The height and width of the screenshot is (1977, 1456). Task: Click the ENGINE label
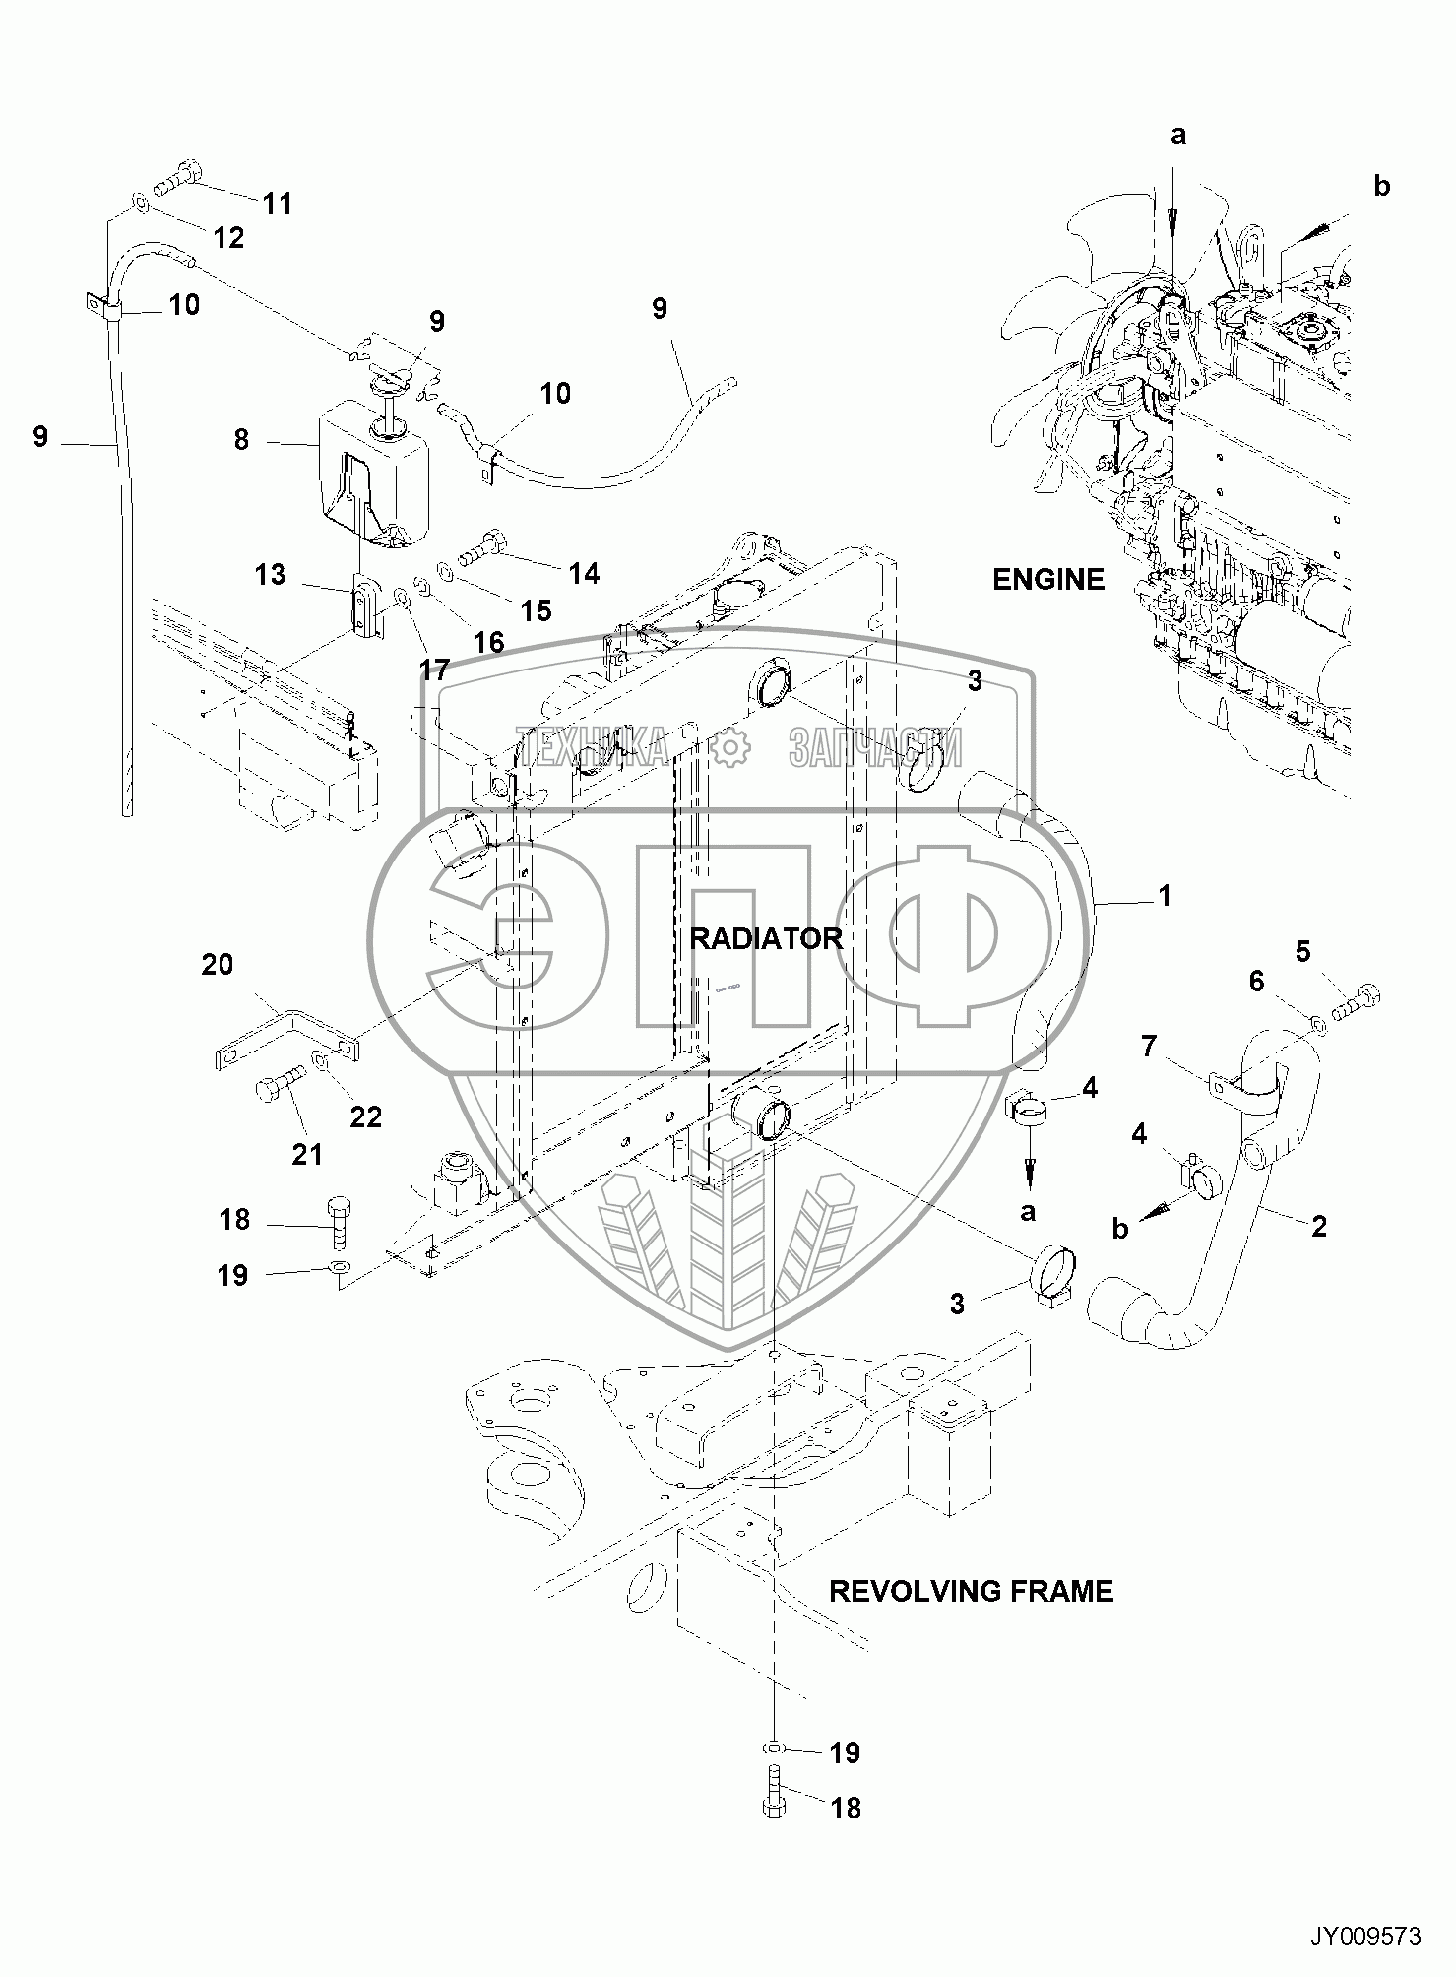pos(1047,579)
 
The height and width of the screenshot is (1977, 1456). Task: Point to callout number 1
pos(1164,896)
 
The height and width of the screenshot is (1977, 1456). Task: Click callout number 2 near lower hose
pos(1318,1226)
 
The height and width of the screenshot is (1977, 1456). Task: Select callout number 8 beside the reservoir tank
pos(242,439)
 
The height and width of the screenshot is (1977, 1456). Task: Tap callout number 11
pos(278,204)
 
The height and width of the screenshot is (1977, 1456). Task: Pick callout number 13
pos(270,574)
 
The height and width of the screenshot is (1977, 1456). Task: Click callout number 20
pos(217,964)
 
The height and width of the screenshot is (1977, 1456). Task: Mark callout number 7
pos(1149,1046)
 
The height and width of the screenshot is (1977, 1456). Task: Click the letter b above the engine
pos(1381,187)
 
